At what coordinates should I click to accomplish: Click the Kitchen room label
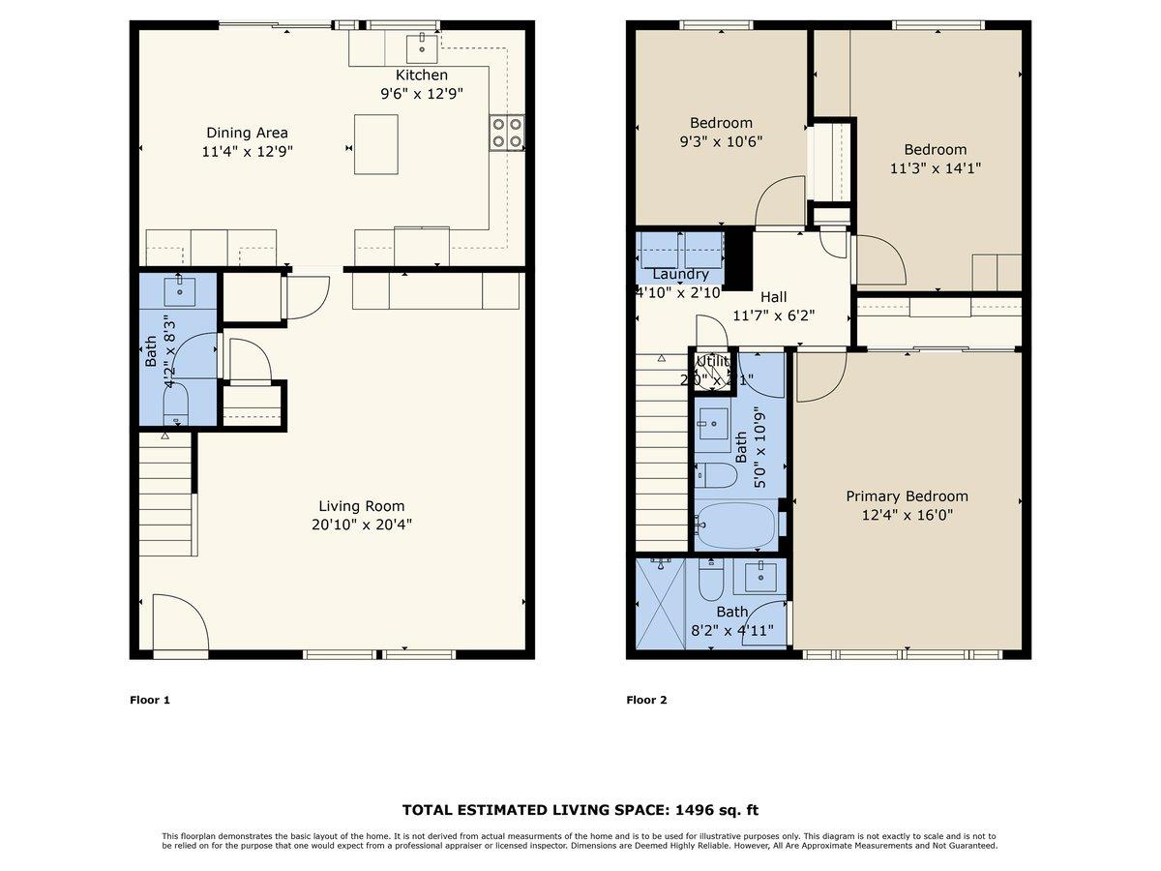(x=422, y=75)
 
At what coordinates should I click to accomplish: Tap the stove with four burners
(x=507, y=132)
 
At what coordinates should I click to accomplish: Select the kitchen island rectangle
(x=376, y=144)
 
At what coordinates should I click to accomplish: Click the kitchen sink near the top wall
(x=421, y=45)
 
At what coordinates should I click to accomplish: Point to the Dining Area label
(x=247, y=133)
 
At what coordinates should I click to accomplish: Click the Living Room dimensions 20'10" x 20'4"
(x=362, y=525)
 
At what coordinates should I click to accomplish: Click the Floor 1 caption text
(x=150, y=700)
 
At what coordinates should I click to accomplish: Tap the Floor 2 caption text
(x=646, y=700)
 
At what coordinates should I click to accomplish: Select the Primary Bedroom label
(x=907, y=496)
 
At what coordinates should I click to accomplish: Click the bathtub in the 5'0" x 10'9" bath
(x=737, y=524)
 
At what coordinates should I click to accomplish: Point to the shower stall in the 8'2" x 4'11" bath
(x=661, y=604)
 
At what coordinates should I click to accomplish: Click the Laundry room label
(x=680, y=275)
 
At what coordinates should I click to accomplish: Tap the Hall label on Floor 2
(x=773, y=297)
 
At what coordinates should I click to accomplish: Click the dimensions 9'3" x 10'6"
(x=721, y=141)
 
